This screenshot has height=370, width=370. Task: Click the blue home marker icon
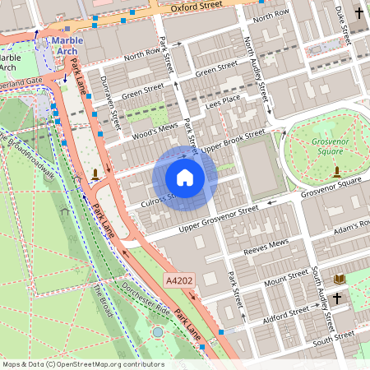pos(184,177)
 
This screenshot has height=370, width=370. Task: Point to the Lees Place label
pos(222,101)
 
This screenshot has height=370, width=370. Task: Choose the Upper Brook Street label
pos(234,141)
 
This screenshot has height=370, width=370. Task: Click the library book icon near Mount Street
pos(338,280)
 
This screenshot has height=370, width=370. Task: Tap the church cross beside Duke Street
pos(358,12)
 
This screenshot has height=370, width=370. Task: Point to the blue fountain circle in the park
pos(158,332)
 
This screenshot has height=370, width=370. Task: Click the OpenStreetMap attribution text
pos(82,364)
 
